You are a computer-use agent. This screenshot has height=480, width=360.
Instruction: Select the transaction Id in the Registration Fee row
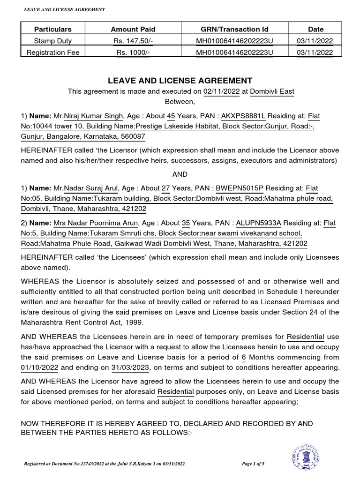tap(234, 52)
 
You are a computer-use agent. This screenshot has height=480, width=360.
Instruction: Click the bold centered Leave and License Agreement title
tap(180, 81)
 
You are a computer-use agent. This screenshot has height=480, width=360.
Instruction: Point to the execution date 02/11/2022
tap(221, 91)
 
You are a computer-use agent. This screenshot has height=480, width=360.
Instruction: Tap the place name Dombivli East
tap(272, 91)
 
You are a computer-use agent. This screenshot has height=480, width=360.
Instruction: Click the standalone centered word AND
tap(180, 174)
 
